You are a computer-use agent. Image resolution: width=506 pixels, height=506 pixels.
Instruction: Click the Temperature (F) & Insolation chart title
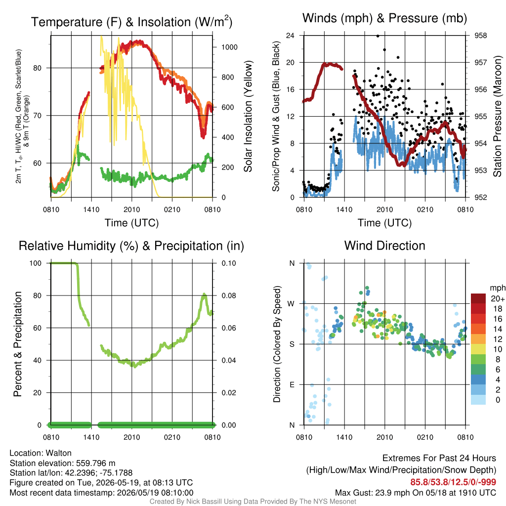pyautogui.click(x=131, y=22)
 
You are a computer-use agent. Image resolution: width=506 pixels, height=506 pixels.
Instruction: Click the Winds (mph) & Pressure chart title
pyautogui.click(x=384, y=18)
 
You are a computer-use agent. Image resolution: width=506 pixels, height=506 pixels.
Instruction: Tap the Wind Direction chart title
pyautogui.click(x=384, y=246)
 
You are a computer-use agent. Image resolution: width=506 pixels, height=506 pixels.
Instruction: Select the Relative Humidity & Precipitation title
pyautogui.click(x=131, y=246)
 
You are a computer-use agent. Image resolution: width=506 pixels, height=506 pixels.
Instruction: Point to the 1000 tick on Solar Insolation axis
pyautogui.click(x=229, y=47)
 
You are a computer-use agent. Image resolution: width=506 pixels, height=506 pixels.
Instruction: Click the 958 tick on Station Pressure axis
pyautogui.click(x=480, y=36)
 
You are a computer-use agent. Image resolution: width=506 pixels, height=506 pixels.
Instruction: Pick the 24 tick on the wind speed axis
pyautogui.click(x=290, y=36)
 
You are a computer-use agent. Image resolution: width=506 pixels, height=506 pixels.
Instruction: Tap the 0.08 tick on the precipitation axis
pyautogui.click(x=229, y=295)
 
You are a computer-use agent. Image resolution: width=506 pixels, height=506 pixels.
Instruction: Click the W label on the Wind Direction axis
pyautogui.click(x=291, y=304)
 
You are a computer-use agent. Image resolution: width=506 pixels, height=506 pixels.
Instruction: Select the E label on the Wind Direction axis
pyautogui.click(x=292, y=384)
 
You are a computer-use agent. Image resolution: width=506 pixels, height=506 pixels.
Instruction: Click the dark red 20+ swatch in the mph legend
pyautogui.click(x=478, y=298)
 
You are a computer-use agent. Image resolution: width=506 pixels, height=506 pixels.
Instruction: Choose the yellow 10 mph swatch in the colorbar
pyautogui.click(x=478, y=349)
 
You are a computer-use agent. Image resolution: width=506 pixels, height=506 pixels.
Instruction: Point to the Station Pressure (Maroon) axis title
pyautogui.click(x=497, y=116)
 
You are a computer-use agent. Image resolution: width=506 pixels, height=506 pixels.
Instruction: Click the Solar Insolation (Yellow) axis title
pyautogui.click(x=248, y=116)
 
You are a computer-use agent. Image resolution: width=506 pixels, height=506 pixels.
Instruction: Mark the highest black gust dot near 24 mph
pyautogui.click(x=378, y=36)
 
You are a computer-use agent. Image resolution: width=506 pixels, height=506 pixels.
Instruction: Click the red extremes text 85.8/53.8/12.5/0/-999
pyautogui.click(x=453, y=482)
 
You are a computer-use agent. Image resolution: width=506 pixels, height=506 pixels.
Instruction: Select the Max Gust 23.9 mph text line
pyautogui.click(x=416, y=493)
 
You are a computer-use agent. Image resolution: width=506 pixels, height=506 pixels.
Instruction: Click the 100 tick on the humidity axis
pyautogui.click(x=36, y=263)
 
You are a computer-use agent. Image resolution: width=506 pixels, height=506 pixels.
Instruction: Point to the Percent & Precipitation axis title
pyautogui.click(x=18, y=344)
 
